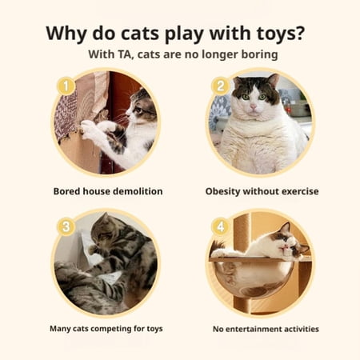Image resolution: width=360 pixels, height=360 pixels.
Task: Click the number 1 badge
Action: point(66,86)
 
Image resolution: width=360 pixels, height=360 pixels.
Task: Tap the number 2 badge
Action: point(220,86)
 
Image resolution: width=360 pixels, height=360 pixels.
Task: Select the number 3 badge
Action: point(66,226)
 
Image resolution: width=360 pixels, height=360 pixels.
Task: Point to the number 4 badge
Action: point(220,226)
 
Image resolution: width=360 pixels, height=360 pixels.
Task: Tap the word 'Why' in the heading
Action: point(66,33)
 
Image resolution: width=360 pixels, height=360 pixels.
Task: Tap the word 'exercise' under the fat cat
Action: point(300,191)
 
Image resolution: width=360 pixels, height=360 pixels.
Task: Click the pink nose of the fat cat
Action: point(253,107)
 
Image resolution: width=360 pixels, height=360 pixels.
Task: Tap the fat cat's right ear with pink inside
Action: point(273,81)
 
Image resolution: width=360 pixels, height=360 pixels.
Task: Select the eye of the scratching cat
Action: point(139,110)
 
